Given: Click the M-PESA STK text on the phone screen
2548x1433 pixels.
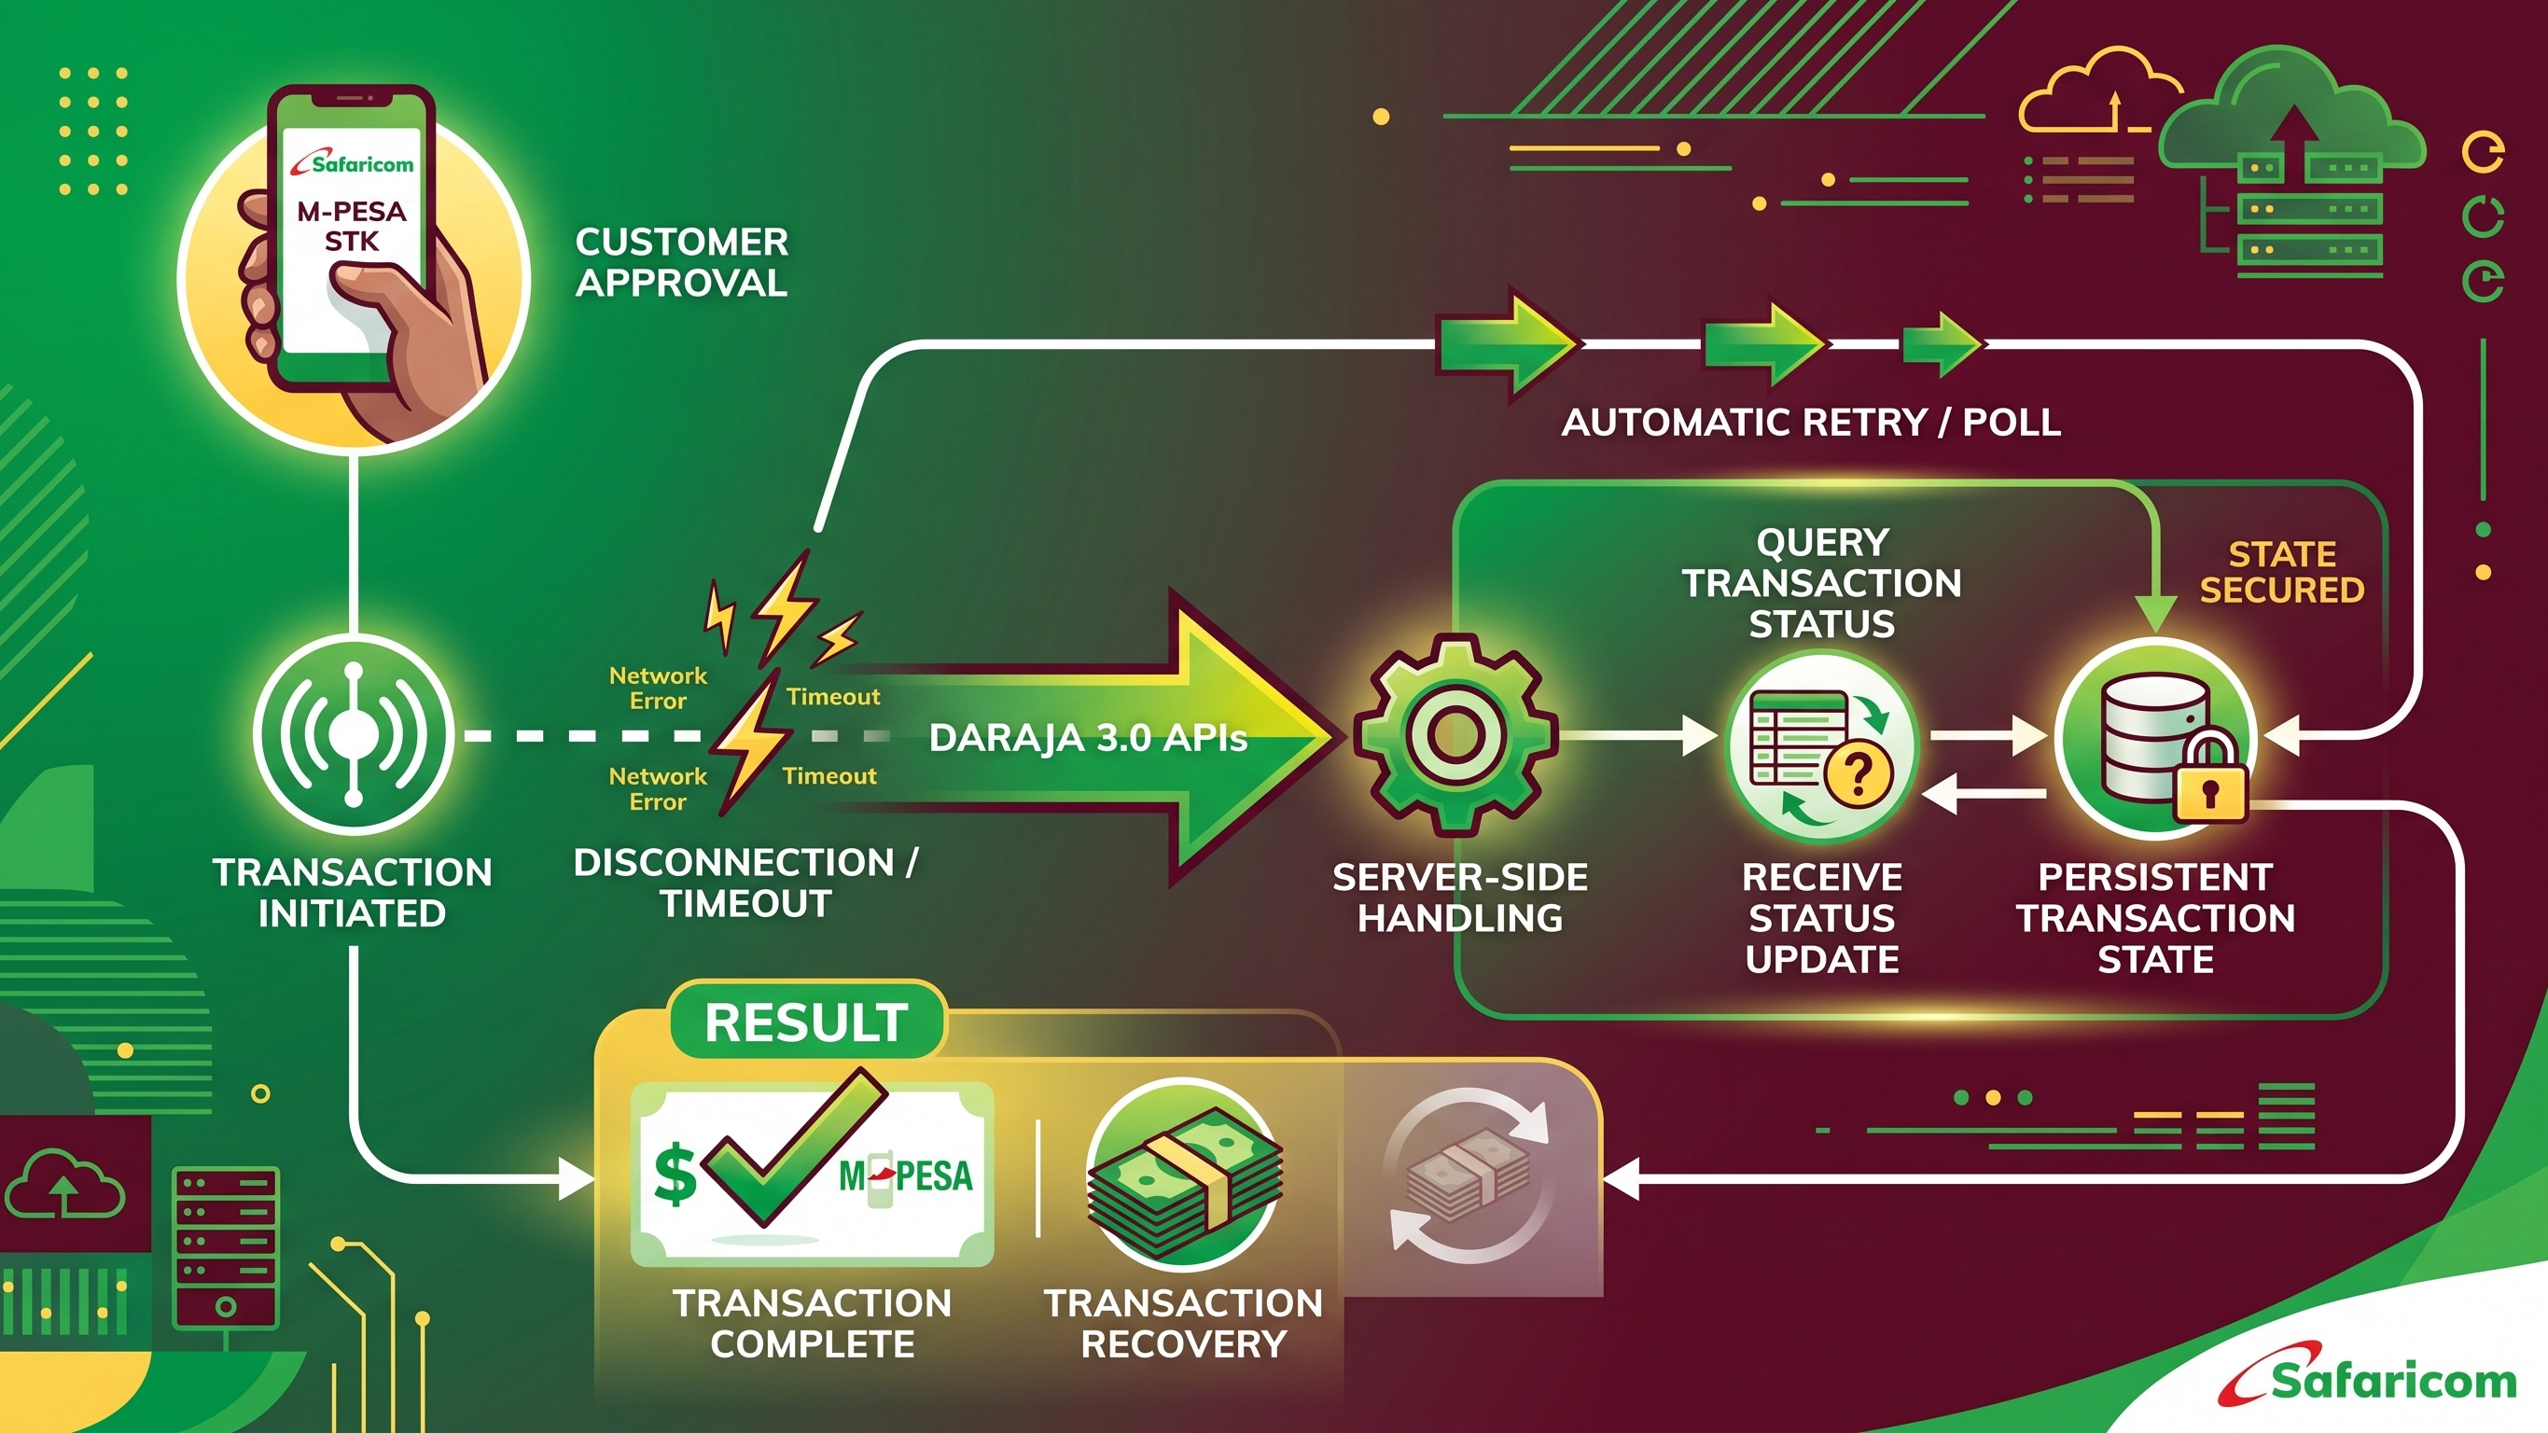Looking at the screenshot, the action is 351,227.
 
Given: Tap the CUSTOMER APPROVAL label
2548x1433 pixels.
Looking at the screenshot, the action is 681,262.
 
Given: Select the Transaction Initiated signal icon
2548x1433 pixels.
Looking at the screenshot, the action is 353,735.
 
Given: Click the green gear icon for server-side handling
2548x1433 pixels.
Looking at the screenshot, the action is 1455,734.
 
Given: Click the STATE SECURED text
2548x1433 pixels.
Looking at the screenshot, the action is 2282,572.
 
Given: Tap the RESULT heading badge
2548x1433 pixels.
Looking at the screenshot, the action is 806,1022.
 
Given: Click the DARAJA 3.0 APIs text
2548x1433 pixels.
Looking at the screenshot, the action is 1088,738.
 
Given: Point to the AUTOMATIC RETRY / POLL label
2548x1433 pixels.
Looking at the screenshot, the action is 1811,423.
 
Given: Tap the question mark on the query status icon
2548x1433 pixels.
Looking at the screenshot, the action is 1858,774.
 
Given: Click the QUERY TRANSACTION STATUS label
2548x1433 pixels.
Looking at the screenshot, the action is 1822,583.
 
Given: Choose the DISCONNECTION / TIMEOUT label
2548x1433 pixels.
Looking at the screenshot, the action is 745,883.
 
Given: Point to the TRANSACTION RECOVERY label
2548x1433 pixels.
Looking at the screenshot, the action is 1183,1323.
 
